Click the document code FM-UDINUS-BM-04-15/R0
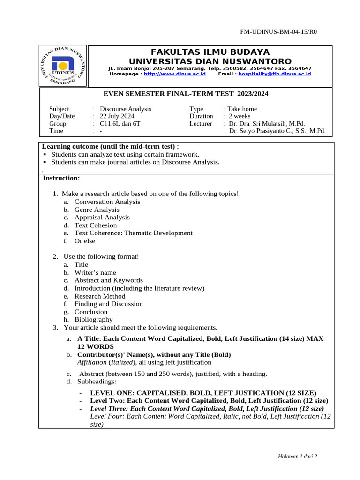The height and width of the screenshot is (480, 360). click(278, 32)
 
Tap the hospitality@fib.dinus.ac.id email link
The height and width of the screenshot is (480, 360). click(274, 74)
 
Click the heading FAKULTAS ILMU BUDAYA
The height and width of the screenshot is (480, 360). click(210, 52)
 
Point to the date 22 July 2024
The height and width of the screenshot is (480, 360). click(117, 116)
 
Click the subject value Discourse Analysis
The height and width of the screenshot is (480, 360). click(126, 109)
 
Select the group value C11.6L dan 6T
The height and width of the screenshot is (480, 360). click(120, 124)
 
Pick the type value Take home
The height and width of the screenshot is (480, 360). click(242, 109)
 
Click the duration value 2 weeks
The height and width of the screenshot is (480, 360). click(240, 116)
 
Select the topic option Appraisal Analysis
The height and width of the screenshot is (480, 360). click(102, 217)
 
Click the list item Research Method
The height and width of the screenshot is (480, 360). click(100, 296)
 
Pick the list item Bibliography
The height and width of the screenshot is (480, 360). click(94, 320)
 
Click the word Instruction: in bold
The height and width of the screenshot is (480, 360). click(61, 178)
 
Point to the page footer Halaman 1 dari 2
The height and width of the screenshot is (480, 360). click(298, 456)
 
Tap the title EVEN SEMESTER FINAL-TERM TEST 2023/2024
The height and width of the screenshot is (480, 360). click(186, 94)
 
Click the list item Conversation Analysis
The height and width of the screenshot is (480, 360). click(107, 202)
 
